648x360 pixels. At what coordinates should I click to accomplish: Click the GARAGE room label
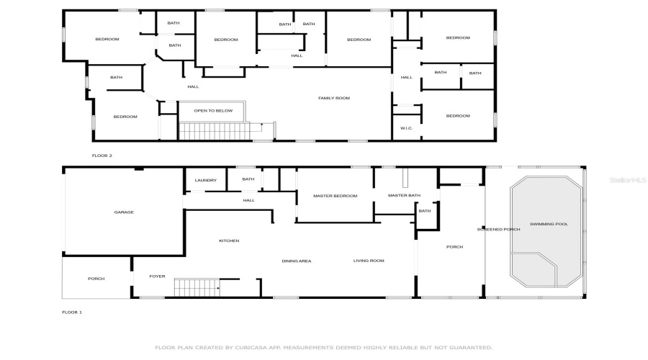tap(124, 212)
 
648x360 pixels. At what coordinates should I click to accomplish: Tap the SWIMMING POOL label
tap(549, 224)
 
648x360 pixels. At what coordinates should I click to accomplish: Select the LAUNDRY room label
tap(205, 180)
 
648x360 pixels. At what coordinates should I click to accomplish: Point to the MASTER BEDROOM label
tap(335, 196)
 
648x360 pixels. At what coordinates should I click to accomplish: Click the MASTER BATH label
tap(403, 196)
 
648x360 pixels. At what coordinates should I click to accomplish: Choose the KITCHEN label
tap(229, 240)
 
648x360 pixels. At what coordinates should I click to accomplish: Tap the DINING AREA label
tap(296, 261)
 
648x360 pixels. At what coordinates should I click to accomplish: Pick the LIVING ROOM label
tap(368, 261)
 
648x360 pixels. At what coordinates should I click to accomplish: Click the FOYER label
tap(157, 276)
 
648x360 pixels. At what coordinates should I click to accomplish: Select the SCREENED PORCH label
tap(498, 230)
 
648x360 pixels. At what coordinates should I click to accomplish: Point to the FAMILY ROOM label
tap(334, 98)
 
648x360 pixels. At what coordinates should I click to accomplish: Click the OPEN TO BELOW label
tap(213, 111)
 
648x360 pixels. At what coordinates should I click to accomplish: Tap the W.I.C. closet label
tap(406, 128)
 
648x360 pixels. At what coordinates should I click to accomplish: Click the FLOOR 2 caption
tap(102, 156)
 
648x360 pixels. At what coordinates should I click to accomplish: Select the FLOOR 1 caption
tap(72, 312)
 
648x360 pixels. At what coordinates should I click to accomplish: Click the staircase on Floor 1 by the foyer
tap(196, 288)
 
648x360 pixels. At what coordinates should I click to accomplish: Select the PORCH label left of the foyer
tap(96, 279)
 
